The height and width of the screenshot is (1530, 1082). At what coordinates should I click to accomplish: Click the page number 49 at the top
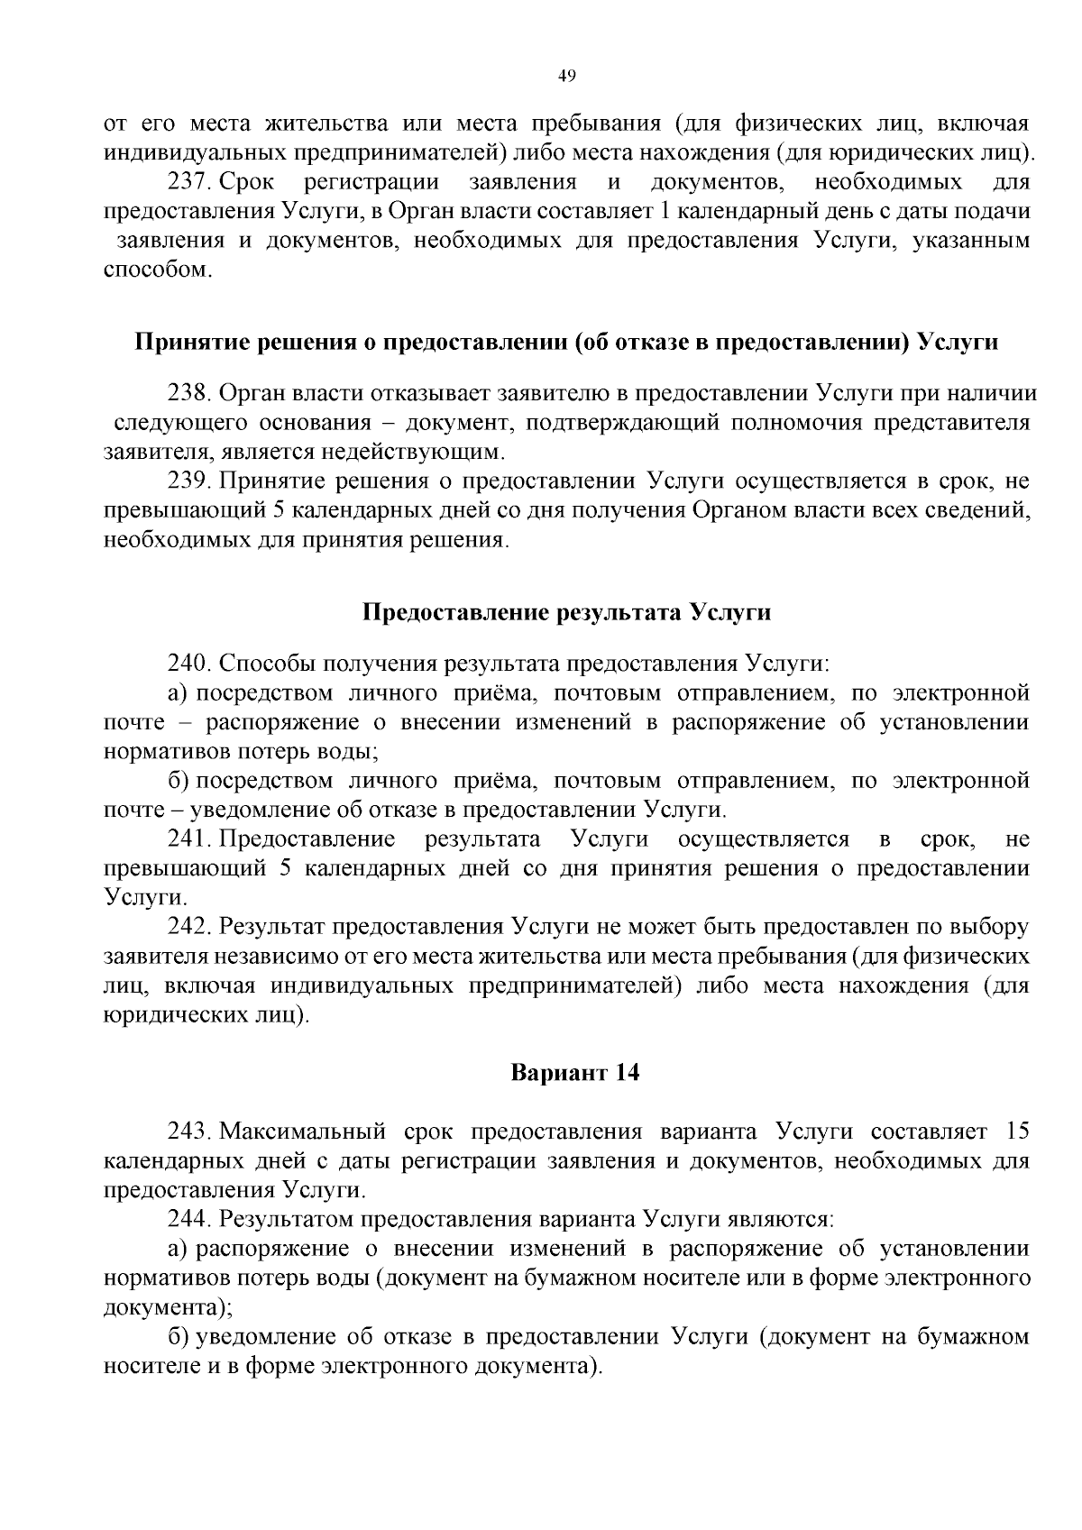pos(566,76)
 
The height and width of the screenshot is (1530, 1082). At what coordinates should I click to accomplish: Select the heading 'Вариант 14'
pos(574,1073)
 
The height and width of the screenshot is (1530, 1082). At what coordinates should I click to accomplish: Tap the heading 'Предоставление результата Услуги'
pos(566,613)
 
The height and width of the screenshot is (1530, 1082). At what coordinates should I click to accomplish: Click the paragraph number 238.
pos(188,393)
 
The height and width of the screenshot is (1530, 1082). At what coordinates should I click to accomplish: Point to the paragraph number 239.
pos(188,481)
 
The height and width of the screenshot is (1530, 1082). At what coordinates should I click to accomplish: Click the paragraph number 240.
pos(188,664)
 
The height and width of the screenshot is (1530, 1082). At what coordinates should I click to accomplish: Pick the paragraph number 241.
pos(188,839)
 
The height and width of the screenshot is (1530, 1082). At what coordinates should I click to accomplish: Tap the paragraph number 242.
pos(188,927)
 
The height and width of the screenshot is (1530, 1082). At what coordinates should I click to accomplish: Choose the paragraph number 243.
pos(188,1131)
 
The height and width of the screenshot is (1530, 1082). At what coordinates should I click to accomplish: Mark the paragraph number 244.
pos(188,1219)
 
